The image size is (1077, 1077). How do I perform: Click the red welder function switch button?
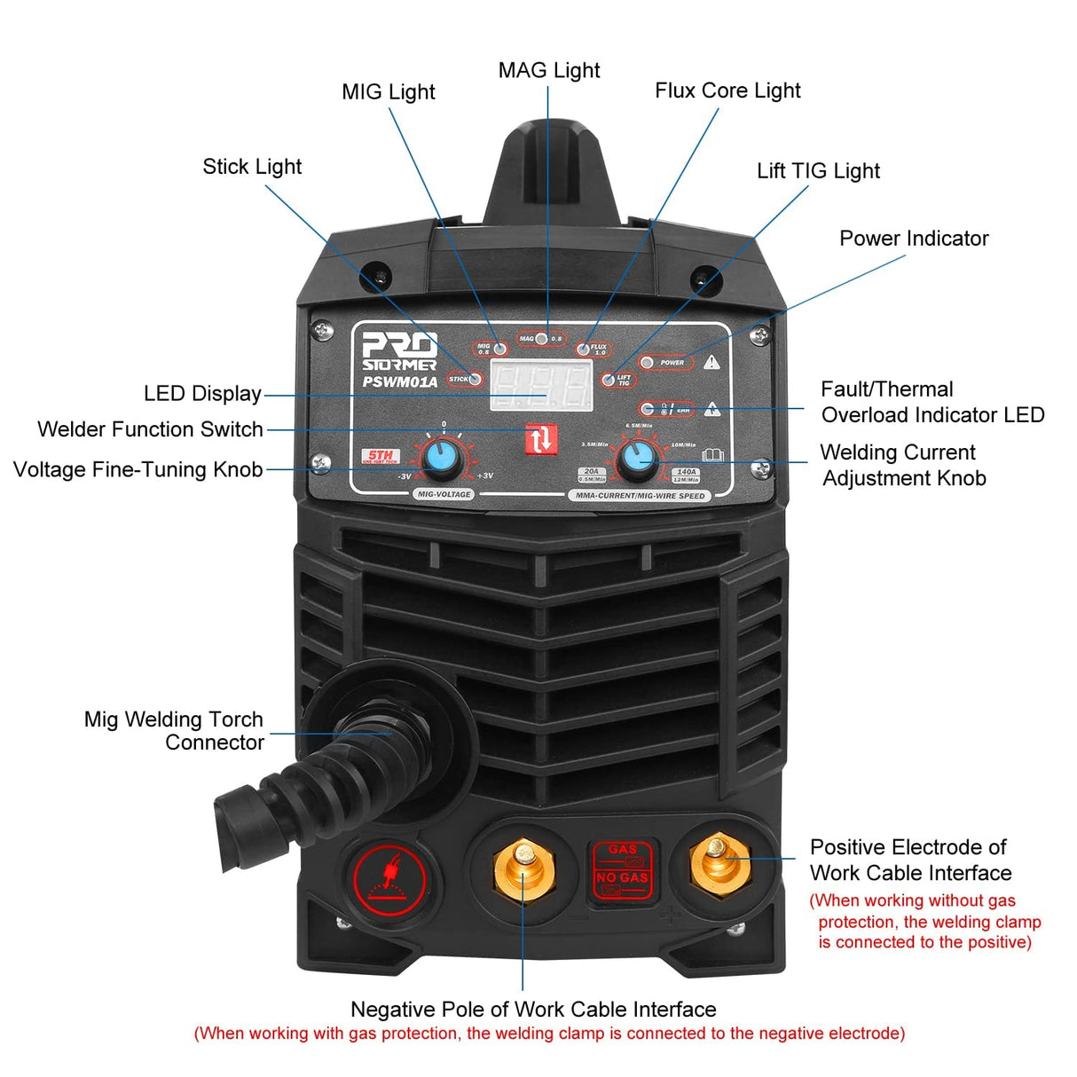point(540,438)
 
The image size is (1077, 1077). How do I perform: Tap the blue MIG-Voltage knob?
point(441,459)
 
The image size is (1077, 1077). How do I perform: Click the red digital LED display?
point(541,387)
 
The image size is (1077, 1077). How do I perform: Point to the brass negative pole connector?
point(524,870)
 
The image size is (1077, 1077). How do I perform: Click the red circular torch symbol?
point(389,881)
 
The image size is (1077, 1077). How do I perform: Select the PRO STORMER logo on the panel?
point(399,352)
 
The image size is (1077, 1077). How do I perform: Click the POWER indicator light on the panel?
point(648,362)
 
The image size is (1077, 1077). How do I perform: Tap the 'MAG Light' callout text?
point(548,70)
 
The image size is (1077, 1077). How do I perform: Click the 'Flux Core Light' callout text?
point(727,90)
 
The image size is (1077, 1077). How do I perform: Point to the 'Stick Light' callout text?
point(252,167)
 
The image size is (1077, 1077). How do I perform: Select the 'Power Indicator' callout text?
point(913,239)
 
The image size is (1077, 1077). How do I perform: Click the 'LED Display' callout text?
point(202,394)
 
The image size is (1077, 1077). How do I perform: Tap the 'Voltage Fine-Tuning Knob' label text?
point(138,469)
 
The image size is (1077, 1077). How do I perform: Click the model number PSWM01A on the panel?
point(399,382)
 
